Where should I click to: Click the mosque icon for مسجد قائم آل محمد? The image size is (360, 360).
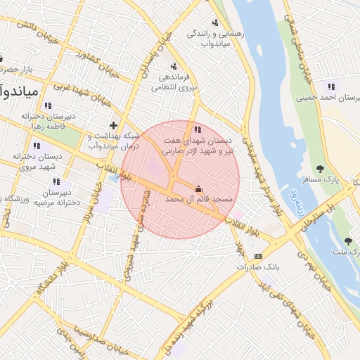click(x=198, y=188)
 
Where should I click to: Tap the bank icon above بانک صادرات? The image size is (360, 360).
click(x=259, y=256)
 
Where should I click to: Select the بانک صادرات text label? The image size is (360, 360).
click(x=258, y=267)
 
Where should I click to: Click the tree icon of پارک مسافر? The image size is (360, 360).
click(x=320, y=169)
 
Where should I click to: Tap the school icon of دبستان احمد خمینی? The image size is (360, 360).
click(x=330, y=86)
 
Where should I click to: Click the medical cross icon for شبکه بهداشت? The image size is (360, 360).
click(x=114, y=124)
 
